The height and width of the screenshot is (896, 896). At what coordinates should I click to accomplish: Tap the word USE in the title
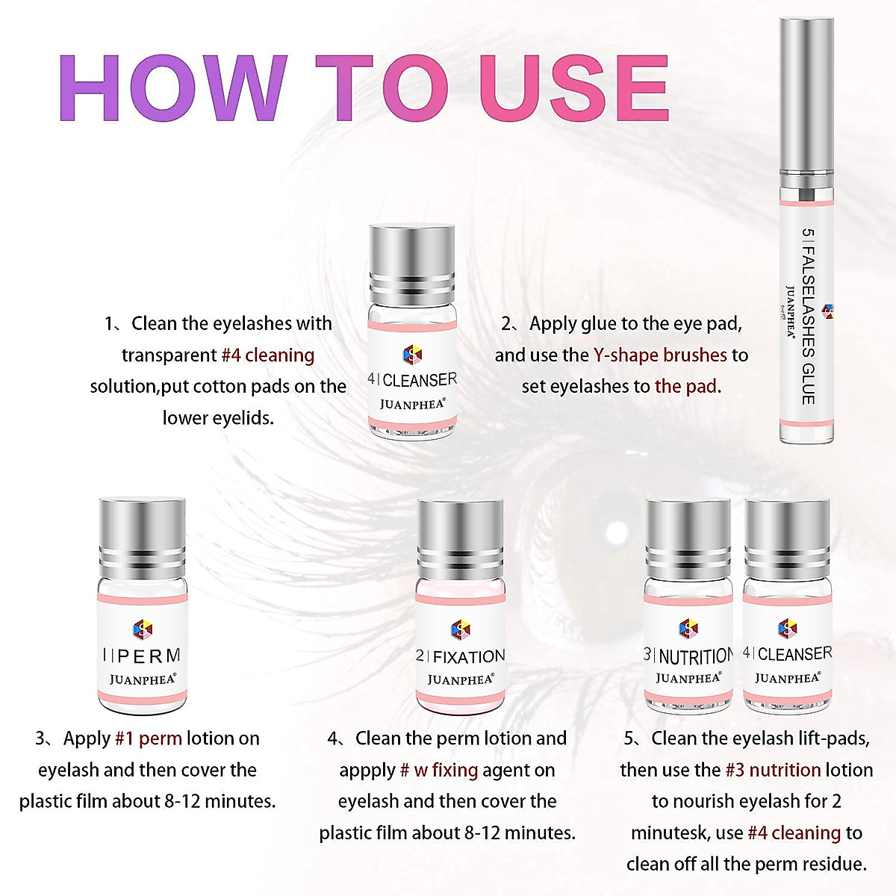coord(574,88)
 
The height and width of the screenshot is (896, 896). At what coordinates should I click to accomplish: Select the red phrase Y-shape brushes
coord(660,355)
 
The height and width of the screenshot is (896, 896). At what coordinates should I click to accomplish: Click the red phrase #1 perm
coord(149,738)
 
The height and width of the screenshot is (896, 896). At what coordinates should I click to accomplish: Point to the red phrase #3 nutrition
coord(773,770)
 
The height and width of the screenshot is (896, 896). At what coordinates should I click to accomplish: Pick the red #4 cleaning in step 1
coord(268,355)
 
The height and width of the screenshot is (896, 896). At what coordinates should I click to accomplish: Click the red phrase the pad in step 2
coord(687,386)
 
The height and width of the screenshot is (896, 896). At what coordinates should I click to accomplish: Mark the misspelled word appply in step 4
coord(367,770)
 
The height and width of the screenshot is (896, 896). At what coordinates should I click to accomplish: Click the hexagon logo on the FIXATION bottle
coord(461,629)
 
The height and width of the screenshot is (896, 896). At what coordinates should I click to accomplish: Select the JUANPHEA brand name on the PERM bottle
coord(142,679)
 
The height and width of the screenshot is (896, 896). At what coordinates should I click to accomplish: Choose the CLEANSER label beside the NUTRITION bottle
coord(788,654)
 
